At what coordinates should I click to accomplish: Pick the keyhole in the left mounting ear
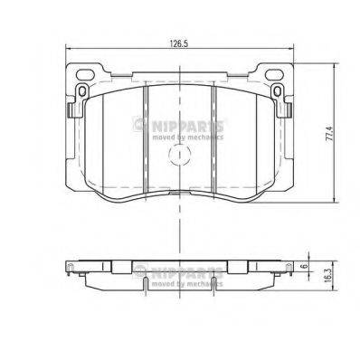tap(81, 94)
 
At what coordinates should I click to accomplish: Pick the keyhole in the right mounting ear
tap(278, 94)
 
